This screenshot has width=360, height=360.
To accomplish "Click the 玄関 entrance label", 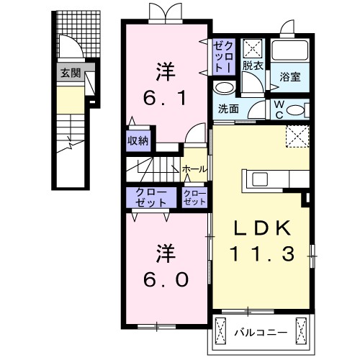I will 70,72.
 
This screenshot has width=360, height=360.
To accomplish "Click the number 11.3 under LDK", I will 261,253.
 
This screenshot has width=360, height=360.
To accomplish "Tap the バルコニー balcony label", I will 261,332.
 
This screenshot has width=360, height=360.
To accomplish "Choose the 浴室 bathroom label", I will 290,75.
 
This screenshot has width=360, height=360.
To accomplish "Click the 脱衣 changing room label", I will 252,66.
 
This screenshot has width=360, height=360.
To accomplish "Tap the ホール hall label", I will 195,168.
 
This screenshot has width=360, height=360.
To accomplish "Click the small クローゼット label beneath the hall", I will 194,197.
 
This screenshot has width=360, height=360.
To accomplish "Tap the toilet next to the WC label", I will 299,109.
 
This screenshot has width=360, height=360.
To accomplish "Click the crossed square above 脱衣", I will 253,48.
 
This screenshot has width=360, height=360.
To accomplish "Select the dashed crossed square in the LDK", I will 296,135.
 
